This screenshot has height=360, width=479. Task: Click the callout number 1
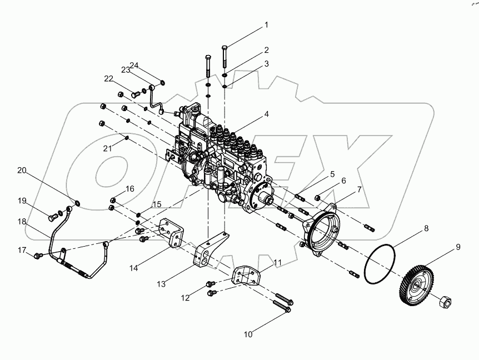pyautogui.click(x=266, y=25)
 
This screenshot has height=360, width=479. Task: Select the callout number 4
pyautogui.click(x=267, y=114)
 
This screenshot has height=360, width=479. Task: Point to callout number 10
pyautogui.click(x=248, y=334)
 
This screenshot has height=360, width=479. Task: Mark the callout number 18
pyautogui.click(x=21, y=221)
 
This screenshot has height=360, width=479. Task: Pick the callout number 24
pyautogui.click(x=134, y=65)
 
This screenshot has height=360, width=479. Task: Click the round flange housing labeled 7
pyautogui.click(x=322, y=233)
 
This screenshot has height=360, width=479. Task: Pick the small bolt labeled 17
pyautogui.click(x=38, y=256)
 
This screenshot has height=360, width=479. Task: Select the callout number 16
pyautogui.click(x=129, y=189)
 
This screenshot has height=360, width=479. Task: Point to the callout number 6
pyautogui.click(x=343, y=181)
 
